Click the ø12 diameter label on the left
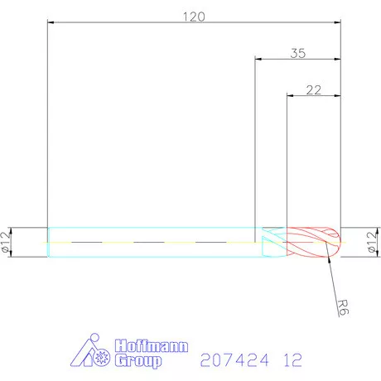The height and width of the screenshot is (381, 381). click(7, 241)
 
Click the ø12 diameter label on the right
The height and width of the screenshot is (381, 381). click(373, 241)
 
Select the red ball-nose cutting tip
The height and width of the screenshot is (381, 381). click(315, 241)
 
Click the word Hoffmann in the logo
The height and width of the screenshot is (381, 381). click(140, 346)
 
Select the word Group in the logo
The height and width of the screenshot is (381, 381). click(137, 360)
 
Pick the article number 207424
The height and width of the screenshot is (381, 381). click(235, 360)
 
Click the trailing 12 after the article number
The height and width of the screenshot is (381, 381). click(291, 360)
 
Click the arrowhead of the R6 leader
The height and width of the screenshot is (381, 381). click(331, 256)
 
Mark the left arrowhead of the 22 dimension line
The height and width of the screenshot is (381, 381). click(290, 97)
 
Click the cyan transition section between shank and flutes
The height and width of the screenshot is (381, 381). click(272, 241)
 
